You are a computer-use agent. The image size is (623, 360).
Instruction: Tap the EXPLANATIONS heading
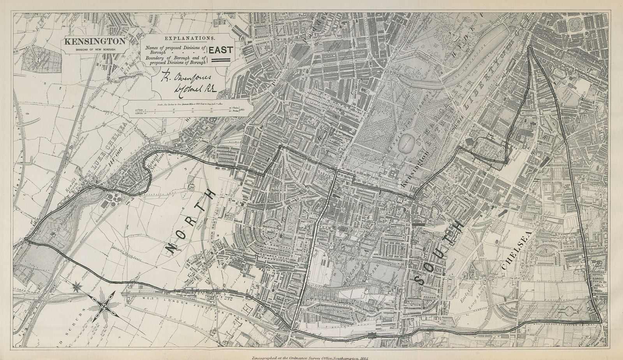[x=190, y=38]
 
